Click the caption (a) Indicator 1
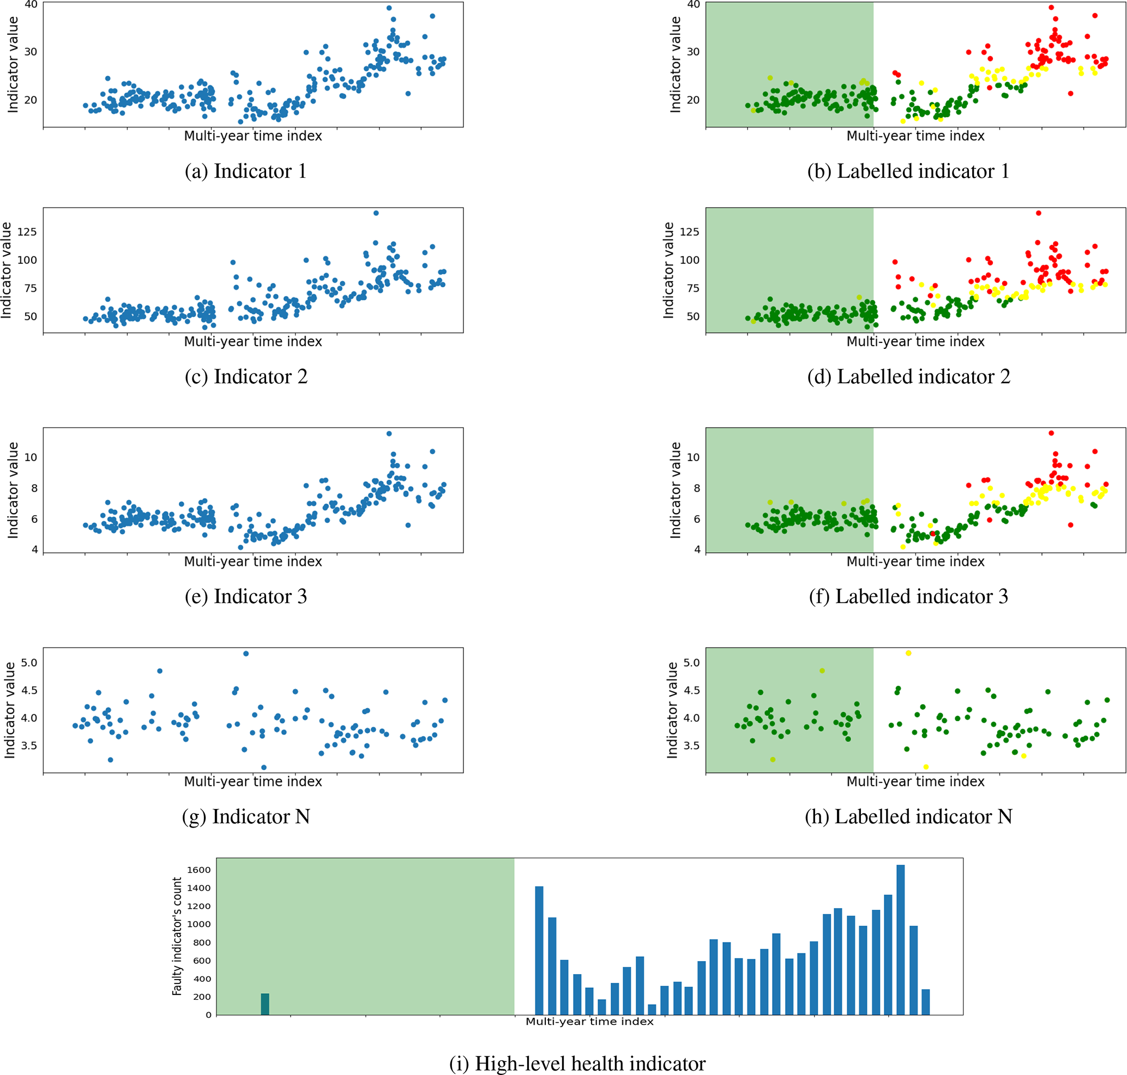pos(245,171)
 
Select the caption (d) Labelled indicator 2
pos(908,377)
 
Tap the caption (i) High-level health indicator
pos(577,1063)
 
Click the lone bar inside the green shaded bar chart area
pos(265,1004)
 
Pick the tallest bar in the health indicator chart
pos(901,940)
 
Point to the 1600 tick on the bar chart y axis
pos(199,870)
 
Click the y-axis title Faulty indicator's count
pos(177,937)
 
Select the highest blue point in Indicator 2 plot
pos(376,213)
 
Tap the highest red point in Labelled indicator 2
pos(1039,213)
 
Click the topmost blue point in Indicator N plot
pos(246,653)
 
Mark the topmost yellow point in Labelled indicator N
pos(908,653)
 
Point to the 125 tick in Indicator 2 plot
pos(27,232)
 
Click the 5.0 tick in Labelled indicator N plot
pos(691,662)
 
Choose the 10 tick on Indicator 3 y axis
pos(31,457)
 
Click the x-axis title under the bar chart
pos(589,1021)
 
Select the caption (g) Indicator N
pos(246,817)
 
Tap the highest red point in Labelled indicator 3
pos(1051,433)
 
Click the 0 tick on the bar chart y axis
pos(208,1015)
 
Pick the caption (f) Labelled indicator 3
pos(908,596)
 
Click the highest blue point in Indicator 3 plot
pos(389,434)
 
